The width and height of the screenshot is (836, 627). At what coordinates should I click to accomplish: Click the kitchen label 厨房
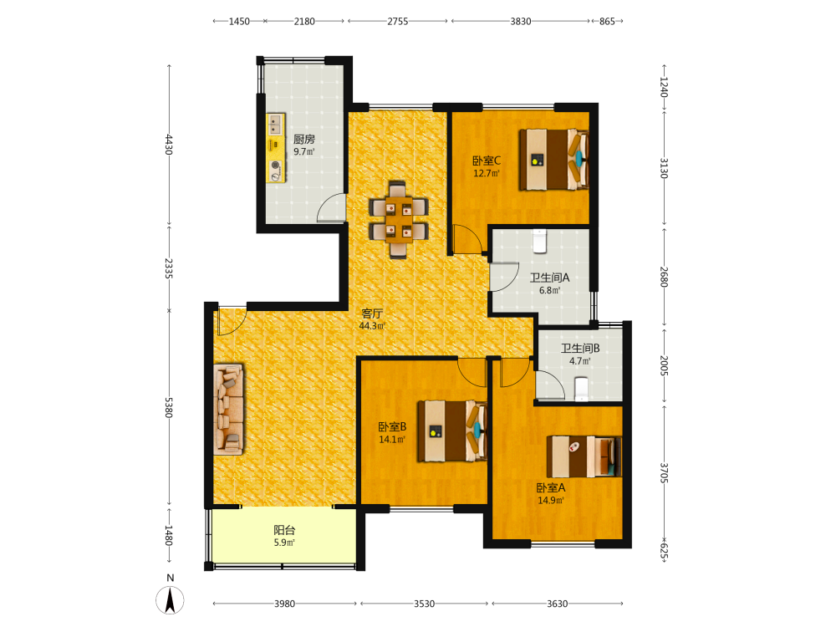[304, 139]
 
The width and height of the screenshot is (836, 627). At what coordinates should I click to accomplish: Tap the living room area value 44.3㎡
[372, 326]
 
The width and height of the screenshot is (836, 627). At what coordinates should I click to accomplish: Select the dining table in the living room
[399, 220]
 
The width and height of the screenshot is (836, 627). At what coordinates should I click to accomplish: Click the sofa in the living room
[229, 410]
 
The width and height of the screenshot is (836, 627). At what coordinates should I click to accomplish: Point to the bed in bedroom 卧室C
[554, 160]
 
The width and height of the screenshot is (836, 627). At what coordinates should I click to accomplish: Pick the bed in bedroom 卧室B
[452, 431]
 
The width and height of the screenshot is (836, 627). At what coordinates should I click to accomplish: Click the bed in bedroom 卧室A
[584, 457]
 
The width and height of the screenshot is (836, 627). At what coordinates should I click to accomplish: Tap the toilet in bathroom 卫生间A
[539, 241]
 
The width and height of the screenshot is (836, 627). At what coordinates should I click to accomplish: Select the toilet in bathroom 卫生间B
[581, 390]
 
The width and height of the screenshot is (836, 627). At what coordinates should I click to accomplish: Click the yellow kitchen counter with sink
[276, 148]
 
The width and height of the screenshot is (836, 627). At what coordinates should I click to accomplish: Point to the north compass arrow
[170, 599]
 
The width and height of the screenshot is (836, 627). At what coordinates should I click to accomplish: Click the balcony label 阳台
[284, 530]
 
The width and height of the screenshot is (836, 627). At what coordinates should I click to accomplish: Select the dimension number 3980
[285, 604]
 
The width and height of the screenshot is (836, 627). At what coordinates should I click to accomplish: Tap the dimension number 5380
[169, 407]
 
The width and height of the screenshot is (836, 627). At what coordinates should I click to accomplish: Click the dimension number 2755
[398, 22]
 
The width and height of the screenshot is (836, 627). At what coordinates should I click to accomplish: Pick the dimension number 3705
[664, 473]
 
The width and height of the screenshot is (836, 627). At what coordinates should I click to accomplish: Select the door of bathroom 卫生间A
[504, 277]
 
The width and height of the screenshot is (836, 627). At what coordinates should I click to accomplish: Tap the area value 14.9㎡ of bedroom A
[551, 501]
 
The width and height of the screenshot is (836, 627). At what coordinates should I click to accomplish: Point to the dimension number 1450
[239, 22]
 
